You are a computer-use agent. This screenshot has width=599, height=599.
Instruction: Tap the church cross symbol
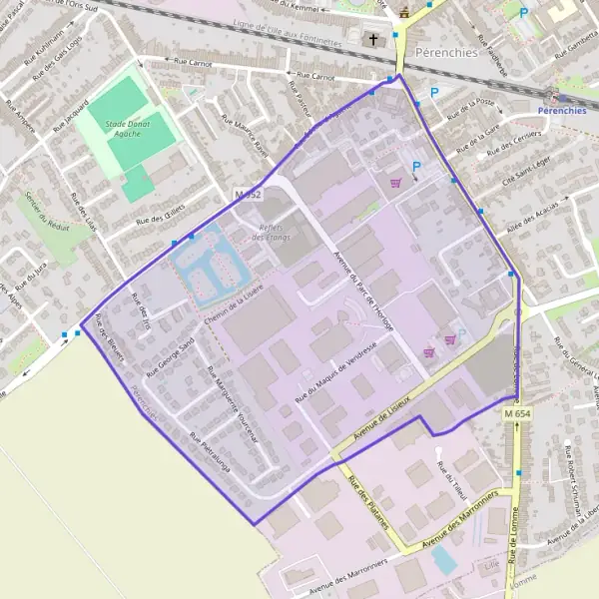click(373, 40)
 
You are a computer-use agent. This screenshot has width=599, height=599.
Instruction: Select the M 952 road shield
click(249, 195)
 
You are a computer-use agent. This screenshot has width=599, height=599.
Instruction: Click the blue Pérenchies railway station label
click(561, 111)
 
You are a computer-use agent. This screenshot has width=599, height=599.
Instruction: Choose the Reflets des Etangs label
click(272, 232)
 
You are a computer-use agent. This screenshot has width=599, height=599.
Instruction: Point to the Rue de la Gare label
click(476, 136)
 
